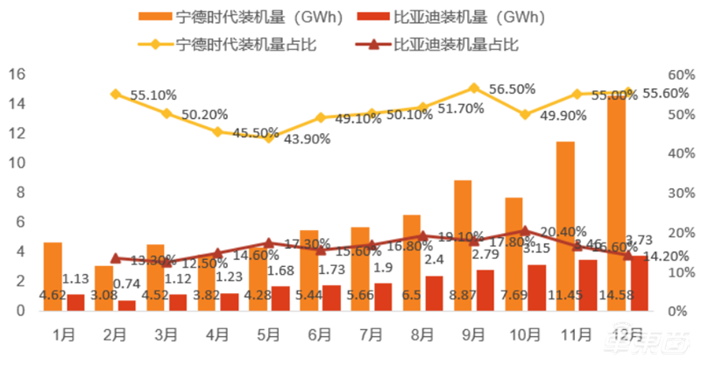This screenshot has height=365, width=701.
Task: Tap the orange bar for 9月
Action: pyautogui.click(x=464, y=245)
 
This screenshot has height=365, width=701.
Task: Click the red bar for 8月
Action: pyautogui.click(x=434, y=293)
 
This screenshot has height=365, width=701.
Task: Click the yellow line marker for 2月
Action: pyautogui.click(x=115, y=94)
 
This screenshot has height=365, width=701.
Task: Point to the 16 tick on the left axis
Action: pyautogui.click(x=16, y=74)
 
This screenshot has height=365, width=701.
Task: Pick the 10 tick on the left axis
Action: pyautogui.click(x=16, y=163)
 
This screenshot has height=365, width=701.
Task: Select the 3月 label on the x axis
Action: pyautogui.click(x=166, y=335)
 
